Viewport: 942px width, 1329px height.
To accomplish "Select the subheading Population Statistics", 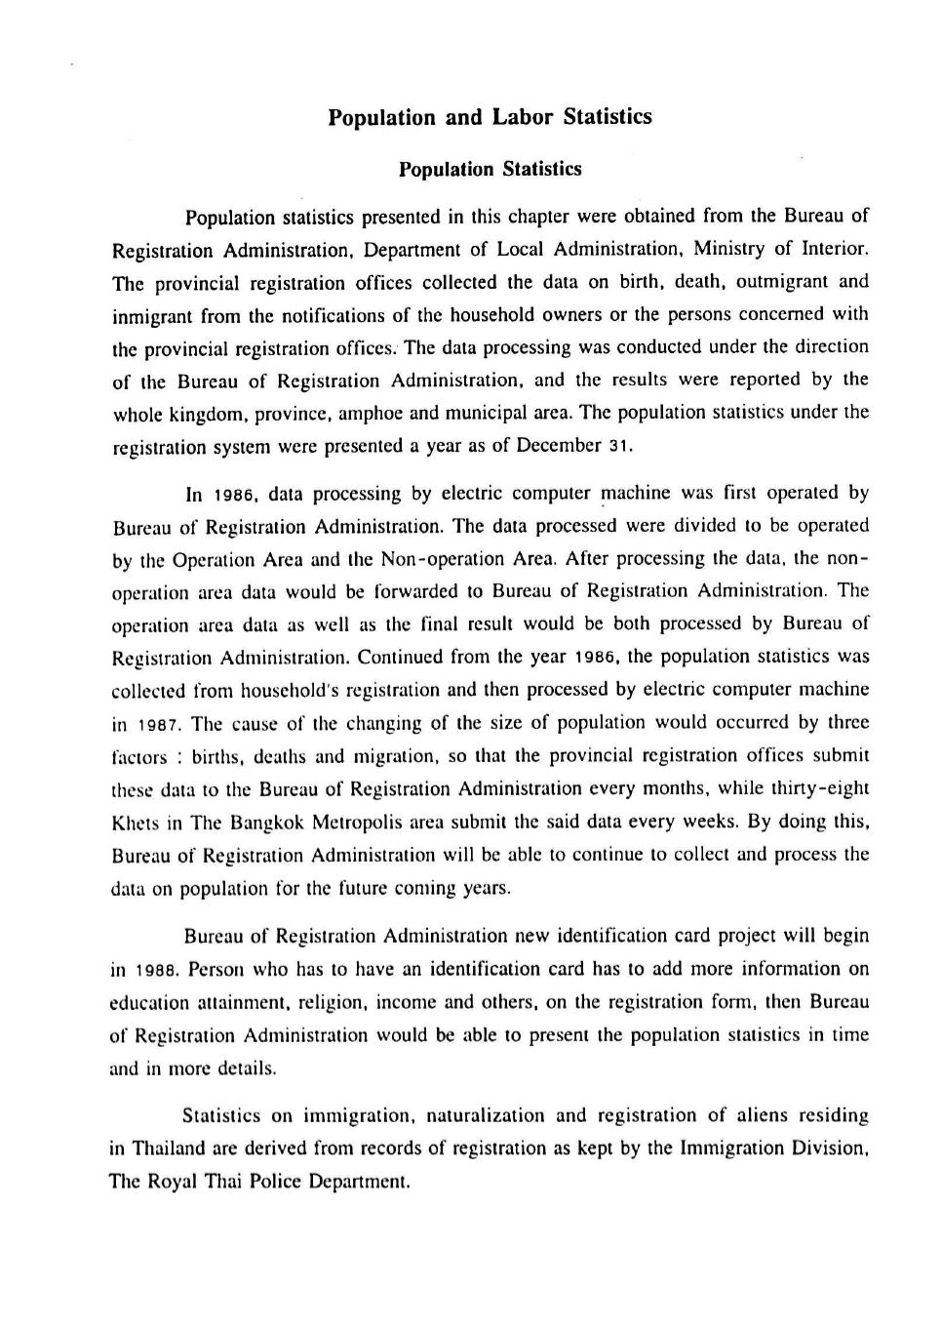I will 490,170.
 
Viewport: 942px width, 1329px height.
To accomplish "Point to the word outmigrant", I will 782,282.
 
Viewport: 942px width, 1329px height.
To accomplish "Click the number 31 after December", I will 621,447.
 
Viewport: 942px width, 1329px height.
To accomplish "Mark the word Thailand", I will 165,1148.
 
